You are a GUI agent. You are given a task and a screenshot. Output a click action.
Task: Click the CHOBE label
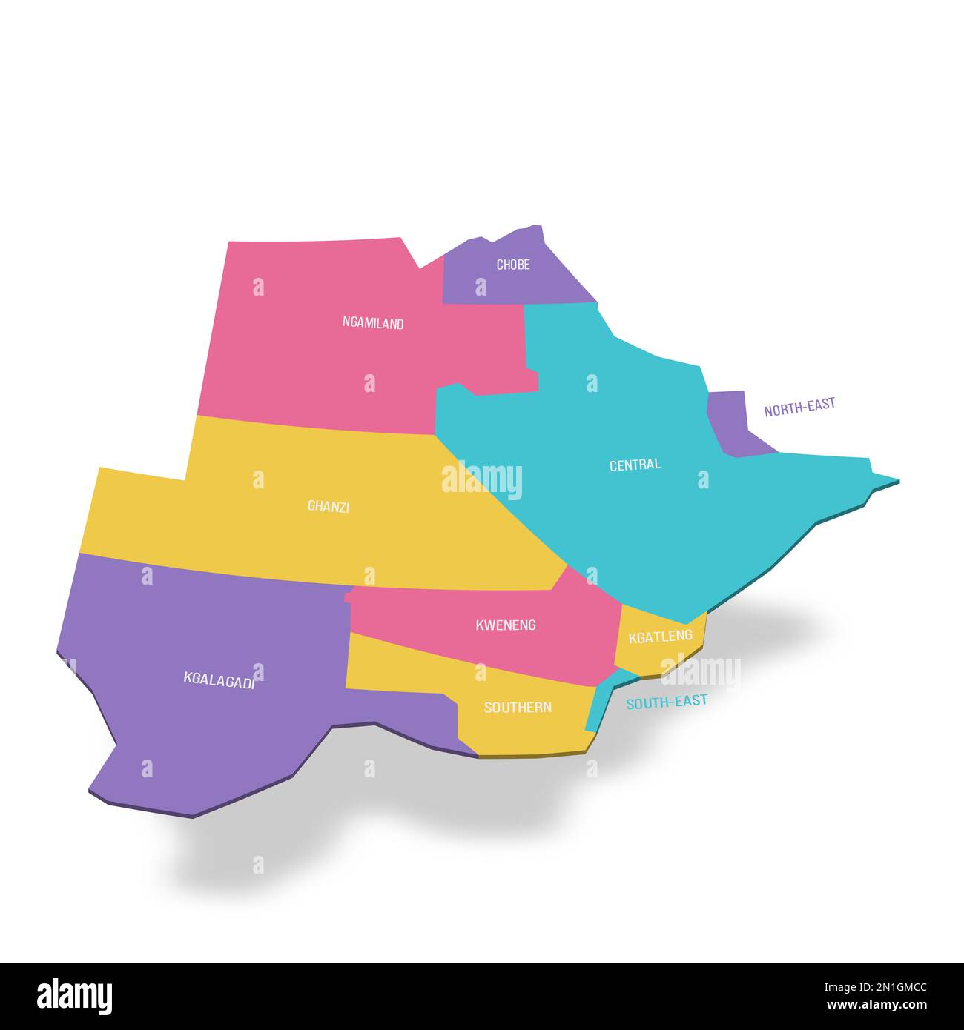[x=513, y=265]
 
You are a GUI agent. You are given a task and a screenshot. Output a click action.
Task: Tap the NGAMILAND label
[x=373, y=323]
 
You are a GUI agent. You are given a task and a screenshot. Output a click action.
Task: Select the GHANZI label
[x=329, y=507]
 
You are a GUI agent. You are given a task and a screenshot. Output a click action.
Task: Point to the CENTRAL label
[x=635, y=465]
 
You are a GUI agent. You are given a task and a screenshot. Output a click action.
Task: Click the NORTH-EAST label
[x=799, y=407]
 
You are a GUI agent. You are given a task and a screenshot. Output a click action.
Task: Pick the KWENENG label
[x=506, y=625]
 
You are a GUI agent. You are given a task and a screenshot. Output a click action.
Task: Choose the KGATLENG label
[x=660, y=637]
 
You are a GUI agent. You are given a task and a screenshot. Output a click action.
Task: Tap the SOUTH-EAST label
[x=667, y=701]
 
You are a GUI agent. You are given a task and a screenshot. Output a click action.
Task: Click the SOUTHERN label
[x=518, y=708]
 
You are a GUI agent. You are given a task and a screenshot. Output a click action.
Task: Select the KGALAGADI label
[x=219, y=680]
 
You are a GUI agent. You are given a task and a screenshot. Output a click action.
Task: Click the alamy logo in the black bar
[x=74, y=997]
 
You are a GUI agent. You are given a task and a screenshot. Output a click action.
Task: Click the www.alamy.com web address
[x=876, y=1006]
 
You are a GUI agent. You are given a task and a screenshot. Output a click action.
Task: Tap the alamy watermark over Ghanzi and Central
[x=482, y=480]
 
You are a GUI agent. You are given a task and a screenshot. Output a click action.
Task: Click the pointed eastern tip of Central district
[x=894, y=482]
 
